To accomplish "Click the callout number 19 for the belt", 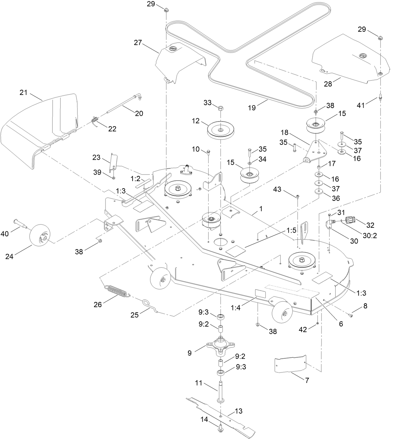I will (x=252, y=108).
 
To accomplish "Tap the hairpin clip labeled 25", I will (x=150, y=306).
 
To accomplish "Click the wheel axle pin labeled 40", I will (x=21, y=224).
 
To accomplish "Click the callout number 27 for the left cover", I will (x=138, y=42).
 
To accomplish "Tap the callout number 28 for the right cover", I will (x=328, y=84).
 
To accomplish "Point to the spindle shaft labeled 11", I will (x=221, y=392).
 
